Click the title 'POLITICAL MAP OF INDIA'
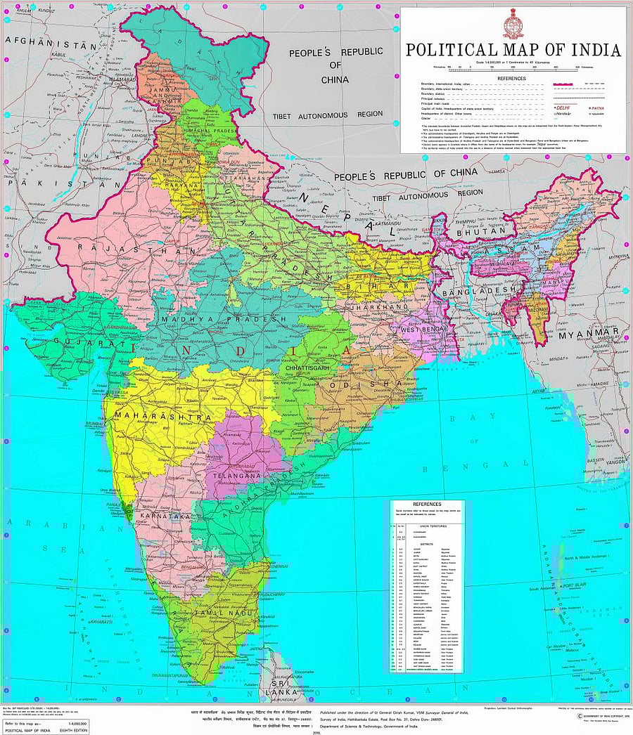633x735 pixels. pyautogui.click(x=513, y=51)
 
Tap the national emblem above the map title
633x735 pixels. pyautogui.click(x=512, y=26)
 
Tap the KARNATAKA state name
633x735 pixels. pyautogui.click(x=166, y=516)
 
